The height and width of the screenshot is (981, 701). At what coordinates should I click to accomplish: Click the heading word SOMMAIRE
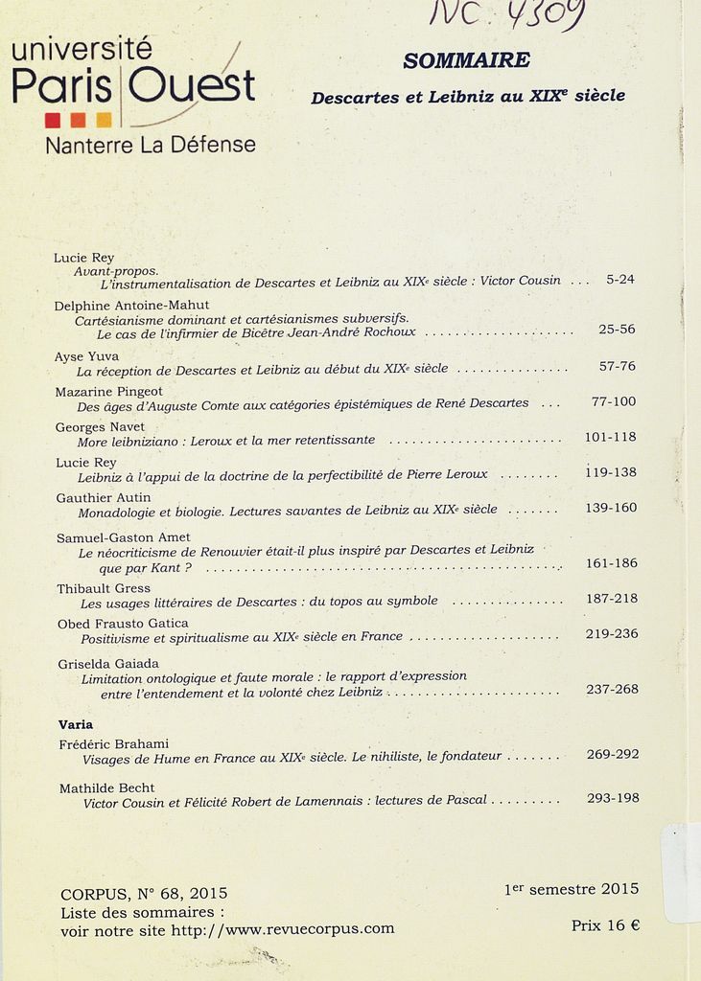466,60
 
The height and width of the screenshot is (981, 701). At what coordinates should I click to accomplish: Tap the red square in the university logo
53,120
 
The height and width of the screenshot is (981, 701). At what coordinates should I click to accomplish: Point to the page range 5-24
620,280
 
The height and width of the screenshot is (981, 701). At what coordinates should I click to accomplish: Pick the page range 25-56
617,329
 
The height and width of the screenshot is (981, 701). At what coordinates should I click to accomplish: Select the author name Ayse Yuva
86,356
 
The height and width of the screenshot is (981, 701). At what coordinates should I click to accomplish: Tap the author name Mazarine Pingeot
108,391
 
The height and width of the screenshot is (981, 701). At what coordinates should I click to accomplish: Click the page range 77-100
614,401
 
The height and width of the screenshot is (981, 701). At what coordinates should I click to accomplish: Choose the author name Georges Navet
100,426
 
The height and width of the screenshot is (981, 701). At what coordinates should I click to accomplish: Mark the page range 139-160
611,508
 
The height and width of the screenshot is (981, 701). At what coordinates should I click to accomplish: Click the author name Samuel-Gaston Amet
123,537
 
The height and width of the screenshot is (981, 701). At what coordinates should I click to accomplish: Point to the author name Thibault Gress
104,588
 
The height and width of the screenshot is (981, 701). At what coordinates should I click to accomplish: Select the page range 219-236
612,634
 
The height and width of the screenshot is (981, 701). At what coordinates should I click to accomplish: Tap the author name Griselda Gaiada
107,663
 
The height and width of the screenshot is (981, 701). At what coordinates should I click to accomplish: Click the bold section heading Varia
76,724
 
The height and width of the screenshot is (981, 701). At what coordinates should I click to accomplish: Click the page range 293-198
613,798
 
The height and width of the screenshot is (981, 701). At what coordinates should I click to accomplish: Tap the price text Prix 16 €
605,925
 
